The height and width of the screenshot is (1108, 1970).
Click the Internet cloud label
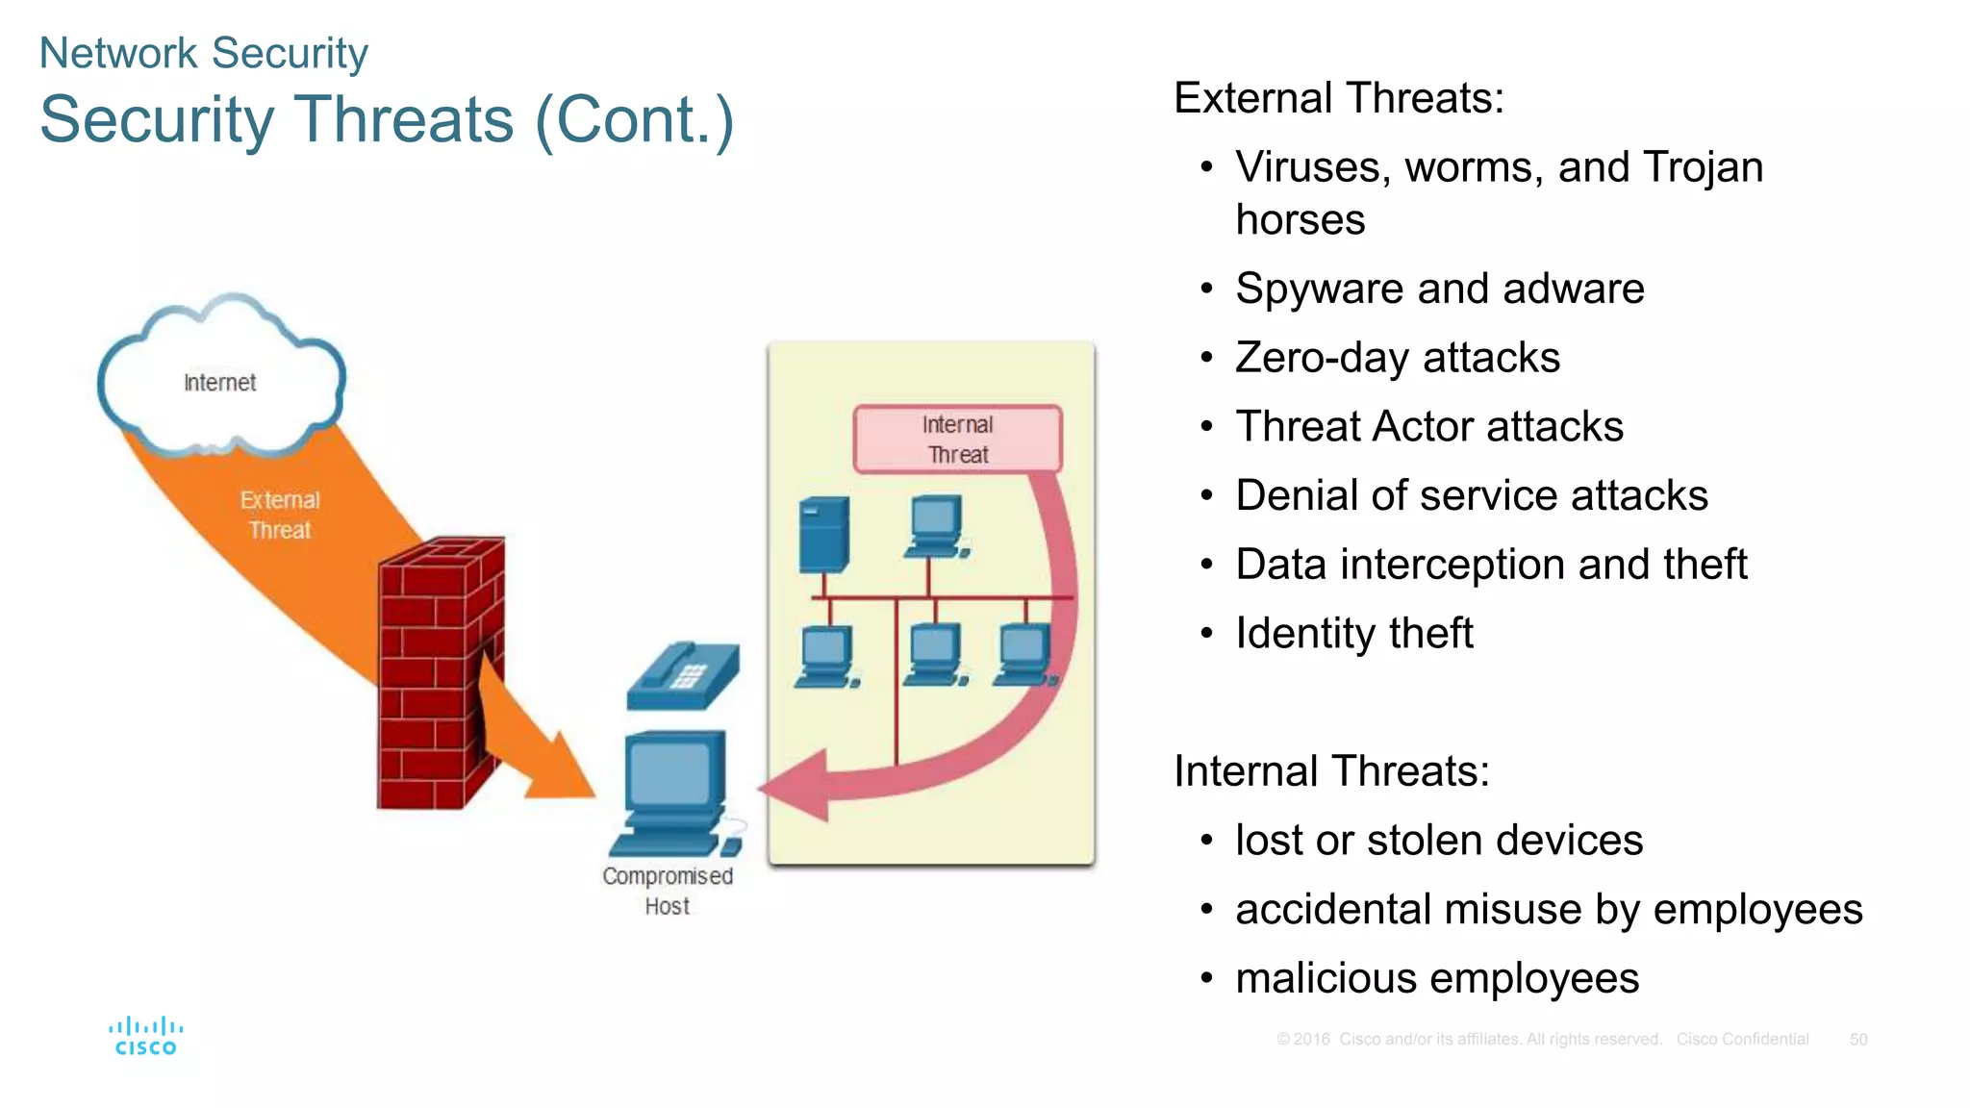pyautogui.click(x=219, y=383)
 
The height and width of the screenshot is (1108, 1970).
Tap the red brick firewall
pyautogui.click(x=438, y=673)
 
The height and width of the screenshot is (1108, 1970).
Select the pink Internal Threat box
pyautogui.click(x=957, y=440)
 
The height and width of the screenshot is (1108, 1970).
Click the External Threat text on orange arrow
pyautogui.click(x=279, y=515)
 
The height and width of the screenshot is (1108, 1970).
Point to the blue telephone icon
pyautogui.click(x=682, y=675)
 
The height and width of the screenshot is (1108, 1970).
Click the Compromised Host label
pyautogui.click(x=667, y=891)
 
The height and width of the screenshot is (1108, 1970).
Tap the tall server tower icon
pyautogui.click(x=823, y=535)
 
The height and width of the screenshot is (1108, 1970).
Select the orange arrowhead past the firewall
pyautogui.click(x=558, y=769)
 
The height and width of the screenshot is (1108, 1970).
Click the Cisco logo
pyautogui.click(x=145, y=1037)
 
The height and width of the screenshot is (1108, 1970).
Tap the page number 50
pyautogui.click(x=1858, y=1040)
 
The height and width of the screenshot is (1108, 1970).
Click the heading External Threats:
pyautogui.click(x=1338, y=98)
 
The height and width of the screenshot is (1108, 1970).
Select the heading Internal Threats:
pyautogui.click(x=1331, y=771)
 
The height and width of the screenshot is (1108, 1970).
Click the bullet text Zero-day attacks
pyautogui.click(x=1397, y=358)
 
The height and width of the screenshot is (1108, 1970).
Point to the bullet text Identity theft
pyautogui.click(x=1353, y=634)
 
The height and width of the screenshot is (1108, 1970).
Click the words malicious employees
pyautogui.click(x=1437, y=979)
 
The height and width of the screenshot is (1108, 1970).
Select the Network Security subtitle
pyautogui.click(x=203, y=53)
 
